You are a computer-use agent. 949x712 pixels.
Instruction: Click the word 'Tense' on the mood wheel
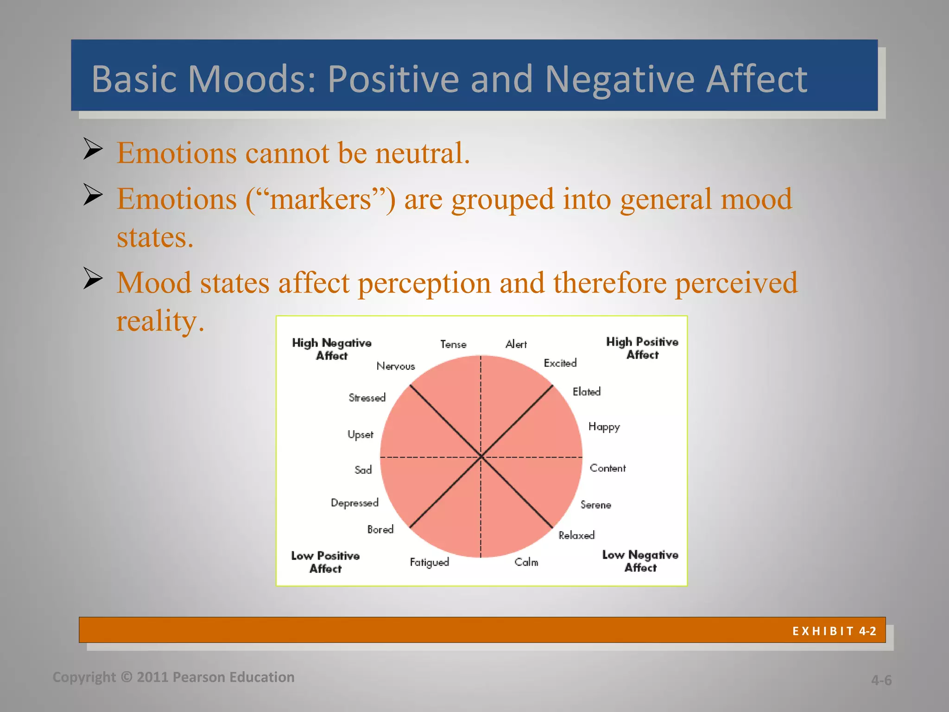pos(453,344)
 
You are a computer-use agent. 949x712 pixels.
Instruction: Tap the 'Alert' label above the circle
pos(516,344)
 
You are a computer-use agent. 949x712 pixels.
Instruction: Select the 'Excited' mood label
pos(560,363)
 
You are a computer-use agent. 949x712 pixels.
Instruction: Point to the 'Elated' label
pos(587,392)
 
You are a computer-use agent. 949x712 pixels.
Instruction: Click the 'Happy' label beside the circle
pos(604,427)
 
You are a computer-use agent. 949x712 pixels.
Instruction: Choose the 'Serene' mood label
pos(596,505)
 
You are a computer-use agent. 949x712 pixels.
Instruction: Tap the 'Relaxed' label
pos(576,535)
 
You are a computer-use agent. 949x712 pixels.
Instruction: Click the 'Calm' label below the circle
pos(526,562)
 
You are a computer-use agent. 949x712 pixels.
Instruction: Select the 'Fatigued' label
pos(429,562)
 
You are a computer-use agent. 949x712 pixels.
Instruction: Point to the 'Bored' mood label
pos(380,529)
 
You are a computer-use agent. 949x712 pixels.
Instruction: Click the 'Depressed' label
pos(354,503)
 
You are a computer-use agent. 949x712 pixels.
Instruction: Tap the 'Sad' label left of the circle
pos(363,470)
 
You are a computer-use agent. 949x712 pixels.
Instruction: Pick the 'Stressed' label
pos(367,398)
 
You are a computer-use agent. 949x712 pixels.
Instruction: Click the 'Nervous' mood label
pos(396,366)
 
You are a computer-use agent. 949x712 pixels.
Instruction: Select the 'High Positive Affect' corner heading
pos(642,348)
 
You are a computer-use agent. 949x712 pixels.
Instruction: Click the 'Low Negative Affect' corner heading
pos(640,561)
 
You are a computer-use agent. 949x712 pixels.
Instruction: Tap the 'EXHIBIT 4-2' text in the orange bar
pos(834,631)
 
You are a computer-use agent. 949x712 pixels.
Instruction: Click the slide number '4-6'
pos(881,680)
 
